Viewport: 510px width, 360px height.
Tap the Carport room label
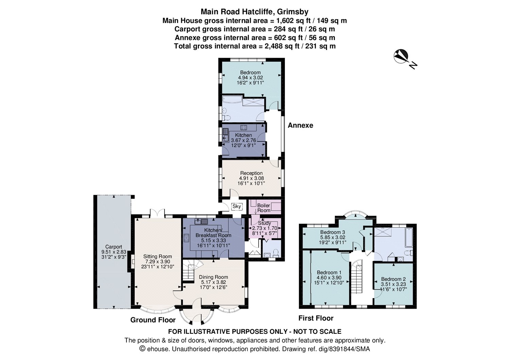coord(114,247)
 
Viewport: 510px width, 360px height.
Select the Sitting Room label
coord(157,257)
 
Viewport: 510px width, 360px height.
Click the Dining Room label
coord(213,277)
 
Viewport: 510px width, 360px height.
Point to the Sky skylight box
coord(236,206)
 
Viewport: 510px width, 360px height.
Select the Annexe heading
coord(300,125)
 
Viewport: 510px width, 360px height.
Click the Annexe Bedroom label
coord(250,72)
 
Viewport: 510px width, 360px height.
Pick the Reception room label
coord(251,173)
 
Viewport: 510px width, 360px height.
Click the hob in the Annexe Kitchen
coord(244,128)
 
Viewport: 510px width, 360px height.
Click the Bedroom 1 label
coord(329,273)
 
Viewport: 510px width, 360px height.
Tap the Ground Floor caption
coord(153,320)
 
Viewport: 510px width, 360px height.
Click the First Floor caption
coord(316,318)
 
